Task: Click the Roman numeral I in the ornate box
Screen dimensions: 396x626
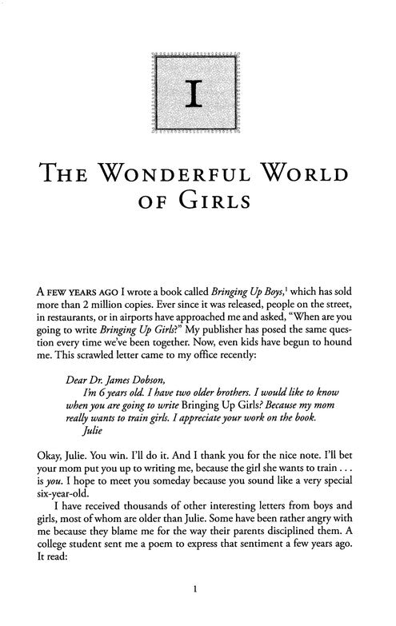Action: pos(197,94)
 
